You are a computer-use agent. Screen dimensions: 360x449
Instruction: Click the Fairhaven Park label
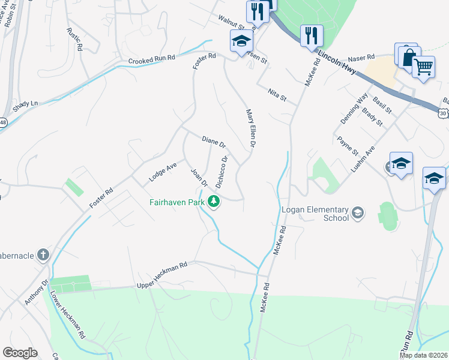pos(177,202)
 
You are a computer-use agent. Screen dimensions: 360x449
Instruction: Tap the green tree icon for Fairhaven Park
pos(213,202)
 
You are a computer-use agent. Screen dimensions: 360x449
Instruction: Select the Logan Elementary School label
pos(315,214)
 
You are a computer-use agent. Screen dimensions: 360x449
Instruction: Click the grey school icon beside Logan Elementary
pos(358,212)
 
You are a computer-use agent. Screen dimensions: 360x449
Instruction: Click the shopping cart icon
pos(424,68)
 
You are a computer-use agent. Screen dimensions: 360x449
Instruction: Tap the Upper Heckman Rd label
pos(162,274)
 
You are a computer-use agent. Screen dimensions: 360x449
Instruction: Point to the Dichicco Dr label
pos(221,172)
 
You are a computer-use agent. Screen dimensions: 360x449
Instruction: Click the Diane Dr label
pos(213,142)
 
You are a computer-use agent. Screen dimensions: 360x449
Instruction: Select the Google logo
pos(20,353)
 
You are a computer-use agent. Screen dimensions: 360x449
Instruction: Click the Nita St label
pos(277,94)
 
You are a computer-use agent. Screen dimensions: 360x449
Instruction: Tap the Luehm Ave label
pos(363,158)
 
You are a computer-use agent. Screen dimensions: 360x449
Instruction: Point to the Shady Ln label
pos(25,103)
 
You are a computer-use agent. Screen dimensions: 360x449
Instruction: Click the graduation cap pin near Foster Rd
pos(241,41)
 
